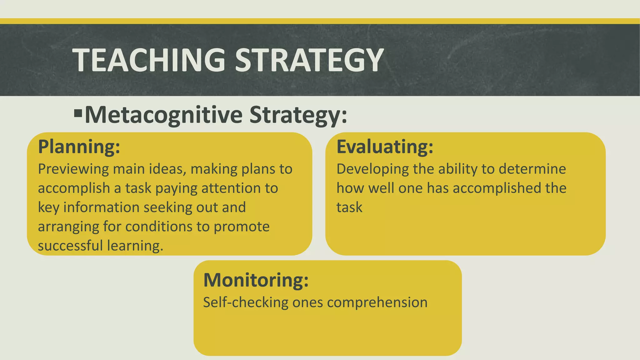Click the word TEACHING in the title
149,60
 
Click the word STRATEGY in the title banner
309,60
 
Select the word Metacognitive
163,115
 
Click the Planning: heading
79,147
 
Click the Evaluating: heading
385,147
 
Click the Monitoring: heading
256,280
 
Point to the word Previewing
73,169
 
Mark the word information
101,207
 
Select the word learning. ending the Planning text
135,246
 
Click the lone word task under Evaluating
349,207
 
